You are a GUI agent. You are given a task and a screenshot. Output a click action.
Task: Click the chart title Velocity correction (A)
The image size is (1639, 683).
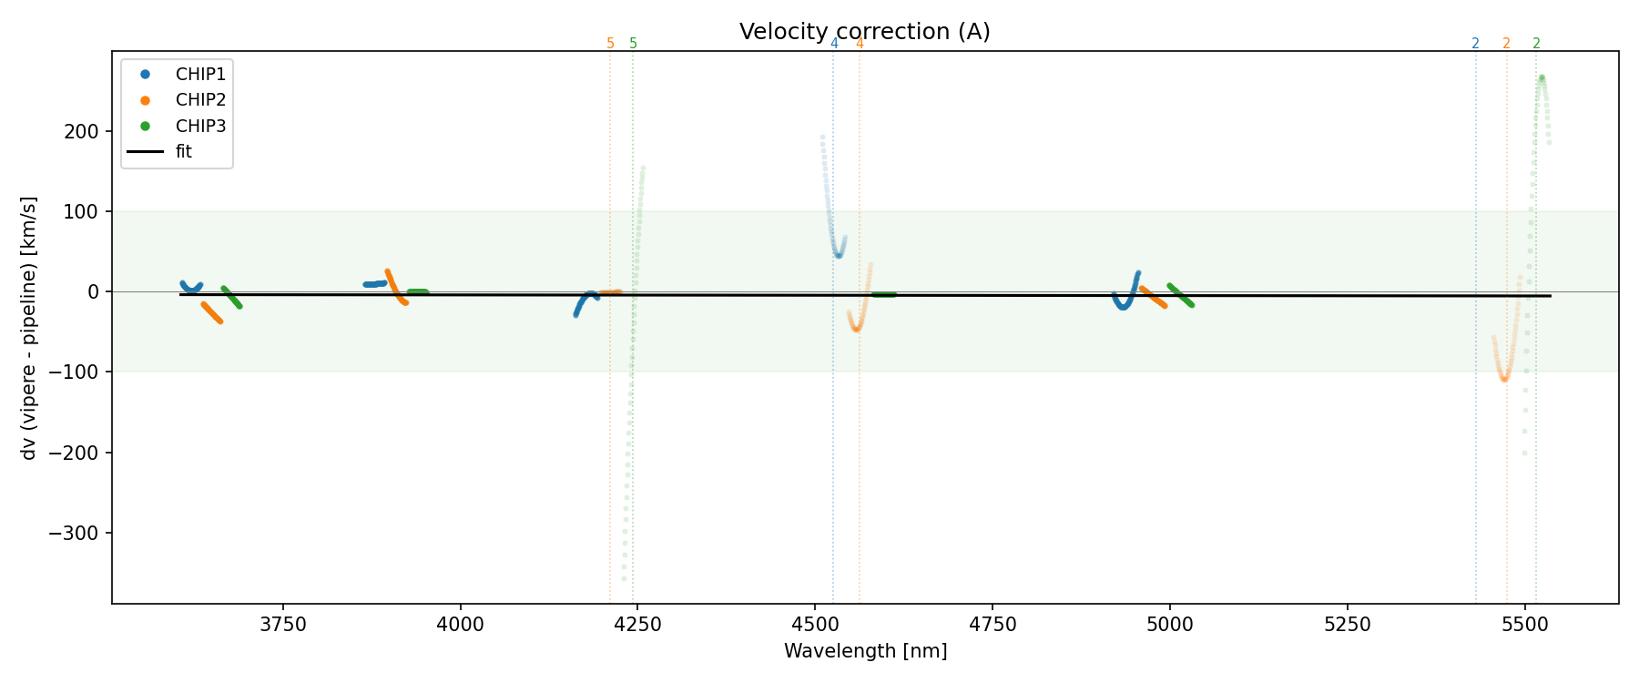coord(864,32)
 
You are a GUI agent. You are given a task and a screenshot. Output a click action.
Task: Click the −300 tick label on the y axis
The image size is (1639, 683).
coord(76,533)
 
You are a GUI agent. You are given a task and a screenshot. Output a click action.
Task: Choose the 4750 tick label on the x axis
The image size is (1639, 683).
coord(993,625)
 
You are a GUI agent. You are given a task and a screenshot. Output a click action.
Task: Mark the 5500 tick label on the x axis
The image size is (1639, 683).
coord(1524,625)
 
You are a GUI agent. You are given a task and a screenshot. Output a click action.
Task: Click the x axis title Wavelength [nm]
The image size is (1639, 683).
coord(865,651)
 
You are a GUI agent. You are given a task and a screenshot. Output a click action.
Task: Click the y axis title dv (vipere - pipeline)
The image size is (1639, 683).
coord(29,328)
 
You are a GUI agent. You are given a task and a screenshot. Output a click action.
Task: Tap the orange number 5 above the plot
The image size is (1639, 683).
coord(610,44)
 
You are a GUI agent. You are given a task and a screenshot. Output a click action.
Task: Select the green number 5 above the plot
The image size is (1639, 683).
coord(634,44)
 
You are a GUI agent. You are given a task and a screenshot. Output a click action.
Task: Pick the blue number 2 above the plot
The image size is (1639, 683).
coord(1475,44)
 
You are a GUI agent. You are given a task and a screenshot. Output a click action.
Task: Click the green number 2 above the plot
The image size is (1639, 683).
coord(1536,44)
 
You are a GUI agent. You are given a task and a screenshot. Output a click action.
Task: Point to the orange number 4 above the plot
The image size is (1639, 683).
coord(860,44)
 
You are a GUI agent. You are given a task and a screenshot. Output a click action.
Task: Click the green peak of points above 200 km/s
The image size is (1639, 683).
coord(1542,78)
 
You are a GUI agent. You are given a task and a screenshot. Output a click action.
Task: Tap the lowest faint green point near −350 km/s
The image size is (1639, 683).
coord(624,578)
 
